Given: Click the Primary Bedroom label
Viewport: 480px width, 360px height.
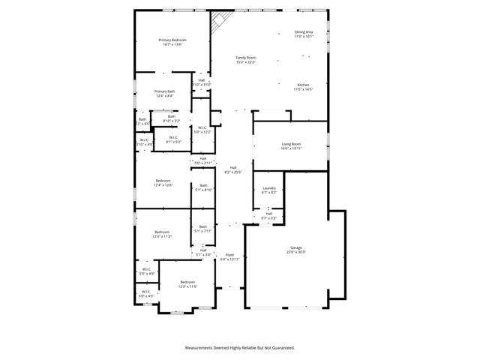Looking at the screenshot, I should point(172,40).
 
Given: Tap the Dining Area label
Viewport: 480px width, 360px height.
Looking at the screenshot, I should point(303,32).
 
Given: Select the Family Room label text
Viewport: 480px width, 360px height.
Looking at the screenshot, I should point(246,58).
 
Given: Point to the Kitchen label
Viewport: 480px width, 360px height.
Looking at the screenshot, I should point(302,85).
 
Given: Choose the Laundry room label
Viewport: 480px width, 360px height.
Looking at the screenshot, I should point(269,188).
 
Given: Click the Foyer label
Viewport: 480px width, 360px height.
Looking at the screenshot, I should point(229,255).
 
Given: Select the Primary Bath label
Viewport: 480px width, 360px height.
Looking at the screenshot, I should point(165,91).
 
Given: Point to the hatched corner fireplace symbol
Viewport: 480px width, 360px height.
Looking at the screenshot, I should point(218,22).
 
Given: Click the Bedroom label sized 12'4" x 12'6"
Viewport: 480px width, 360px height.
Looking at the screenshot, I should point(163,181).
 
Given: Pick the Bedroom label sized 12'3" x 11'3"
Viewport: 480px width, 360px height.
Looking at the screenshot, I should point(163,232).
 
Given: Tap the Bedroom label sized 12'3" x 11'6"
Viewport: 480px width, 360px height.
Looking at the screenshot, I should point(187,281).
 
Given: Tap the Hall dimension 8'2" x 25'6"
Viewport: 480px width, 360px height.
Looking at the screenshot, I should point(233,172).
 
